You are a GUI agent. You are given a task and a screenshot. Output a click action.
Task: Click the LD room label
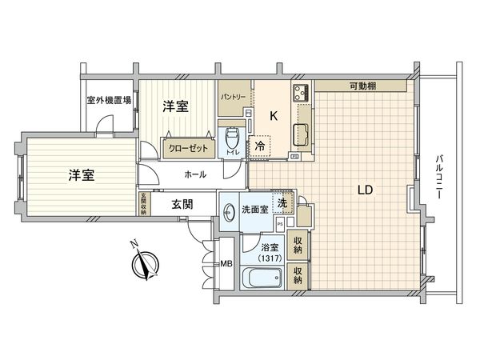tap(365, 190)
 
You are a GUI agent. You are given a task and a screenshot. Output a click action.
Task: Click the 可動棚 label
tap(363, 86)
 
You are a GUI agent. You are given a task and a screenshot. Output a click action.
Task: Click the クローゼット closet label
tap(188, 149)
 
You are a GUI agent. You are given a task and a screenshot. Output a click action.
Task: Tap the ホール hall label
tap(195, 174)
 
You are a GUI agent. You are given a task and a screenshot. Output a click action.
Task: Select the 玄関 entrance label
tap(182, 204)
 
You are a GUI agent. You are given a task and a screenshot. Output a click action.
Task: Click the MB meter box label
tap(226, 264)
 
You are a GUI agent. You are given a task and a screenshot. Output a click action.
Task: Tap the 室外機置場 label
tap(110, 102)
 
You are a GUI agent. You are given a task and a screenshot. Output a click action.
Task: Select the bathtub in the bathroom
tap(261, 280)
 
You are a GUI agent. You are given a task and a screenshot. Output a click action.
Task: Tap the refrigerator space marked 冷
tap(261, 146)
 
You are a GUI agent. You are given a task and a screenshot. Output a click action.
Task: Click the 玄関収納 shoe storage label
tap(143, 204)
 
